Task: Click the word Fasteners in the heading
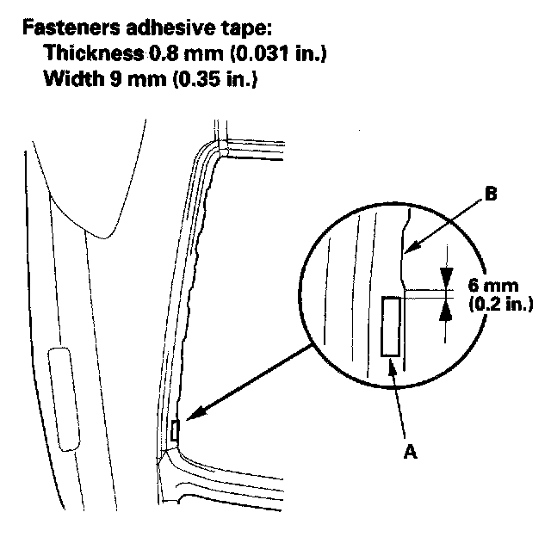pyautogui.click(x=71, y=28)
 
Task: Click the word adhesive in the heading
pyautogui.click(x=170, y=28)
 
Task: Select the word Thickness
pyautogui.click(x=94, y=53)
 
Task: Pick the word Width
pyautogui.click(x=72, y=78)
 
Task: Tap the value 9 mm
pyautogui.click(x=138, y=78)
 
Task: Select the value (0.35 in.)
pyautogui.click(x=215, y=78)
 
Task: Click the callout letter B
pyautogui.click(x=491, y=194)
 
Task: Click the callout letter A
pyautogui.click(x=410, y=451)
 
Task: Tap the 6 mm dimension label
pyautogui.click(x=493, y=286)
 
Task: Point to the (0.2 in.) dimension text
pyautogui.click(x=501, y=304)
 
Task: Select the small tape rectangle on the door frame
pyautogui.click(x=175, y=430)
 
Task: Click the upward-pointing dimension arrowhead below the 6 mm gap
pyautogui.click(x=446, y=310)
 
